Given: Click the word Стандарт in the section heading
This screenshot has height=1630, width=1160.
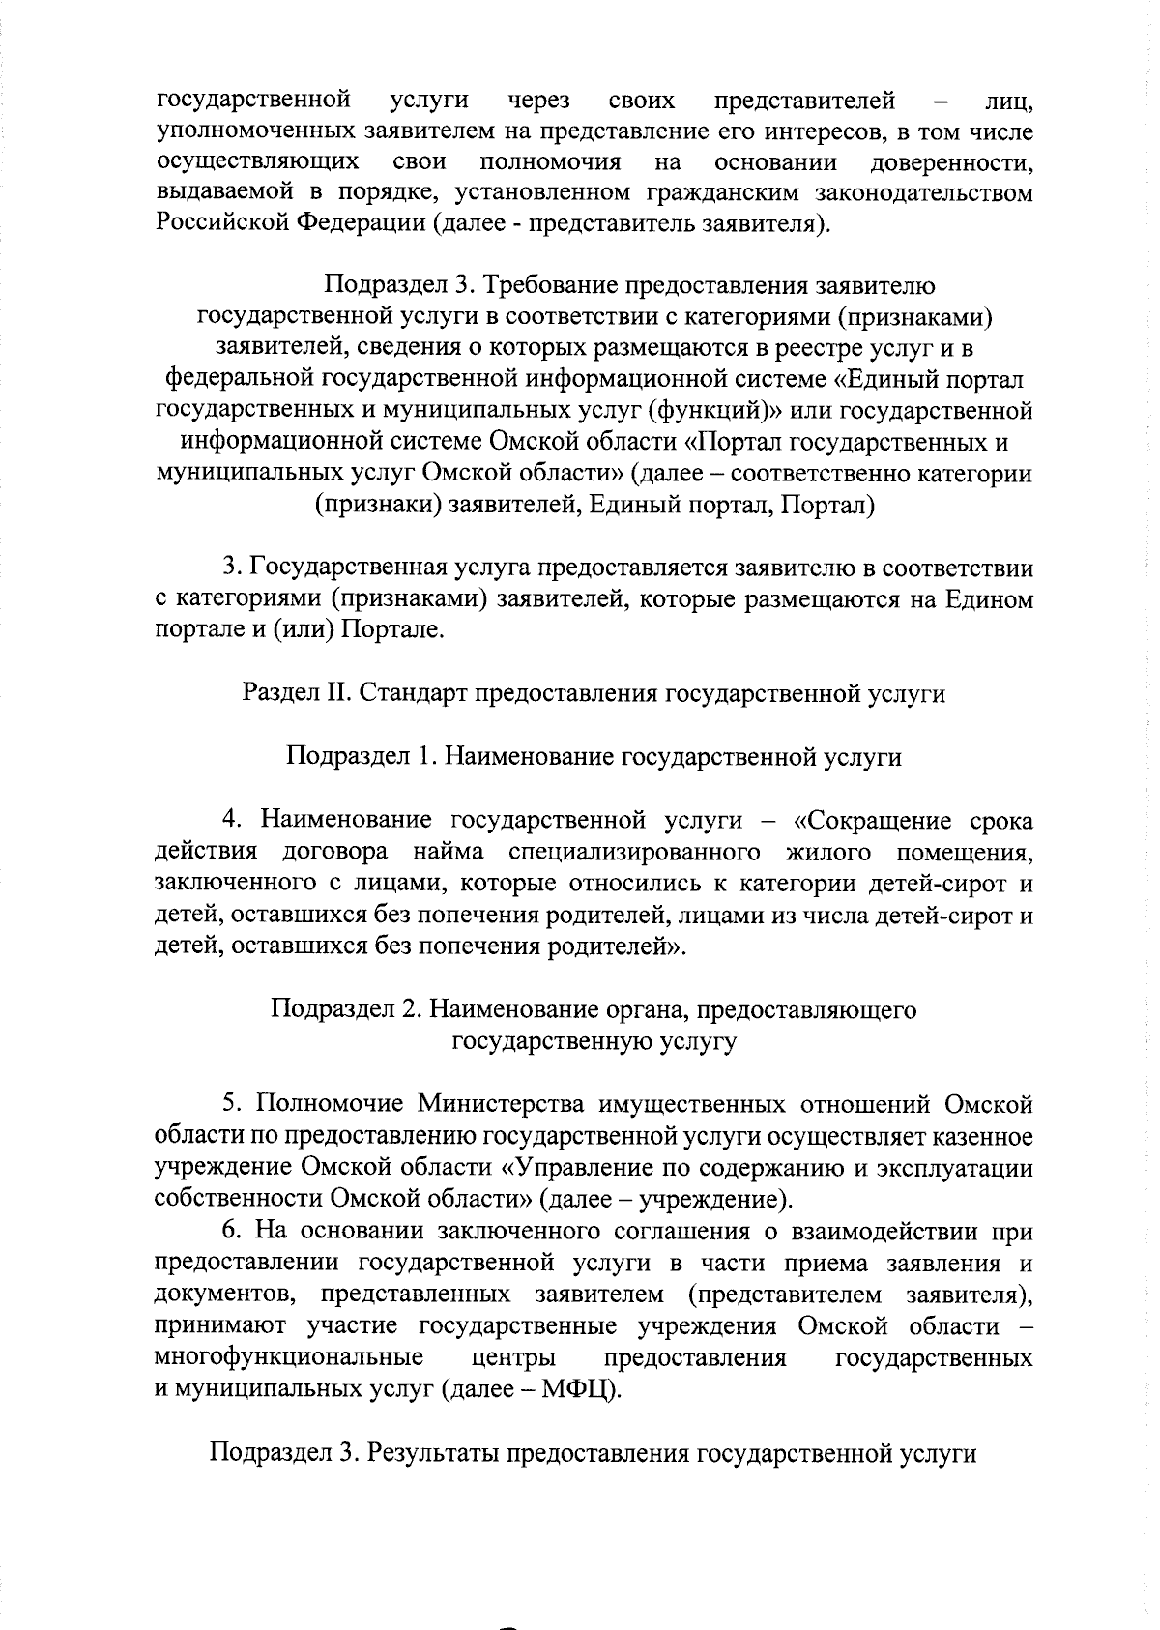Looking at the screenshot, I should tap(412, 693).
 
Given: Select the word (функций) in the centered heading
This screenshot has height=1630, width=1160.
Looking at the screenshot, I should tap(714, 411).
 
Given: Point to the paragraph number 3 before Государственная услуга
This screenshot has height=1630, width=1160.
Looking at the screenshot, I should tap(229, 568).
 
